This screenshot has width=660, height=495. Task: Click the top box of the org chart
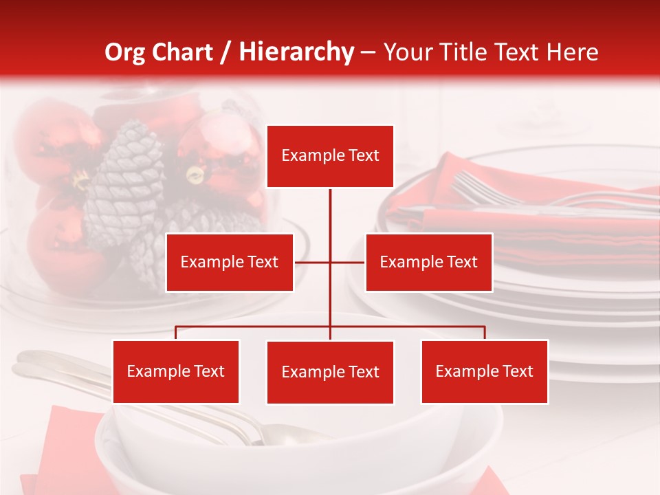(330, 156)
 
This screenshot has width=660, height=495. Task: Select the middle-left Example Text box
(230, 262)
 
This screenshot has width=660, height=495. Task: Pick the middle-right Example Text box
(428, 262)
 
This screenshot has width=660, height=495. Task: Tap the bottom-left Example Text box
(176, 371)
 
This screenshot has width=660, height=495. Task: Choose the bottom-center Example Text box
(330, 372)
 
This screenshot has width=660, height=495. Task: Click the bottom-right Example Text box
(484, 371)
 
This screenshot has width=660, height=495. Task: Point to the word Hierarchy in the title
(296, 52)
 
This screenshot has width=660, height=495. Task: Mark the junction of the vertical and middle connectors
(330, 262)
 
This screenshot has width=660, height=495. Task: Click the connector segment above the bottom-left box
(176, 333)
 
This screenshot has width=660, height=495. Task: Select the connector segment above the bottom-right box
(484, 333)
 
